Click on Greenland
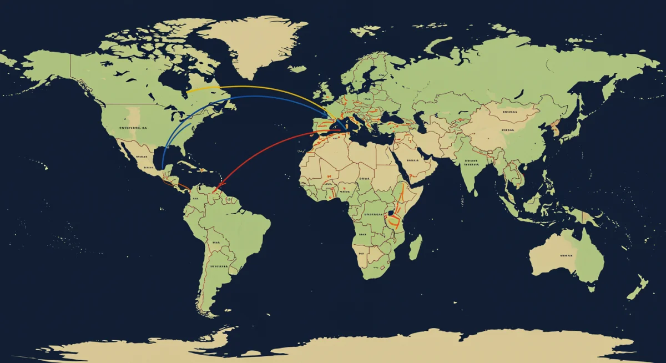255,44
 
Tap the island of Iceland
297,69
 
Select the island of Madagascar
415,247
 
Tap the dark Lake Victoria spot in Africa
391,213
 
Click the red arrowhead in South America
216,189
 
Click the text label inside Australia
566,255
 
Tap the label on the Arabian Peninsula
411,160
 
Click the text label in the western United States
133,128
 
